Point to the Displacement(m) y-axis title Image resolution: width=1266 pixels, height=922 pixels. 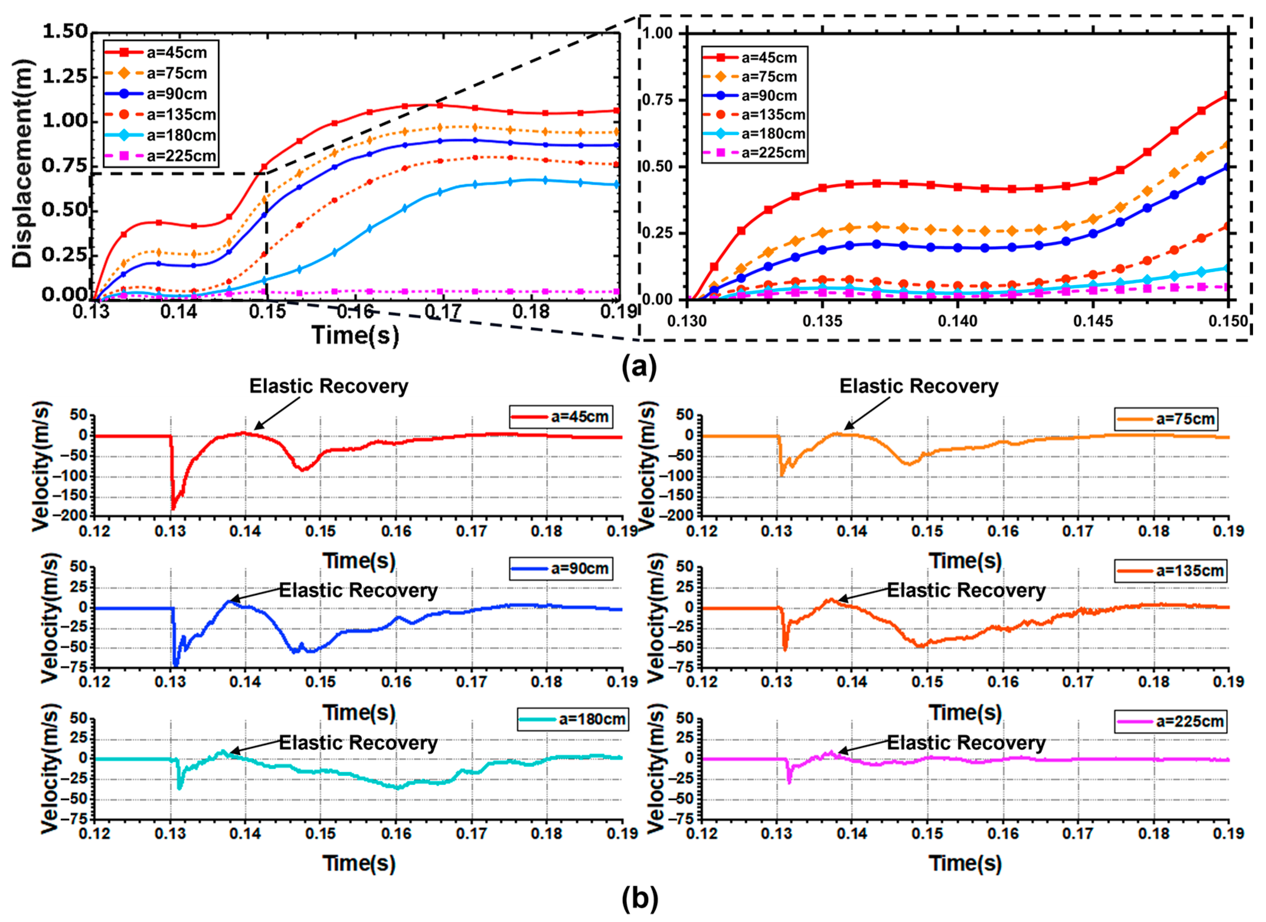click(22, 163)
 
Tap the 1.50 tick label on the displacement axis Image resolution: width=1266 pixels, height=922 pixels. click(65, 32)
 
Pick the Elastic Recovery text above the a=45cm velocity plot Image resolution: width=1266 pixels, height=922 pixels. click(328, 386)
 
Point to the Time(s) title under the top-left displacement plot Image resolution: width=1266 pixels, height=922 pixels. click(355, 336)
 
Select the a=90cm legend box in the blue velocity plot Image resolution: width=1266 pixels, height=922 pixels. click(561, 569)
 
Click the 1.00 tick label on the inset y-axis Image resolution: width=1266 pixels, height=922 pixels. click(658, 34)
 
